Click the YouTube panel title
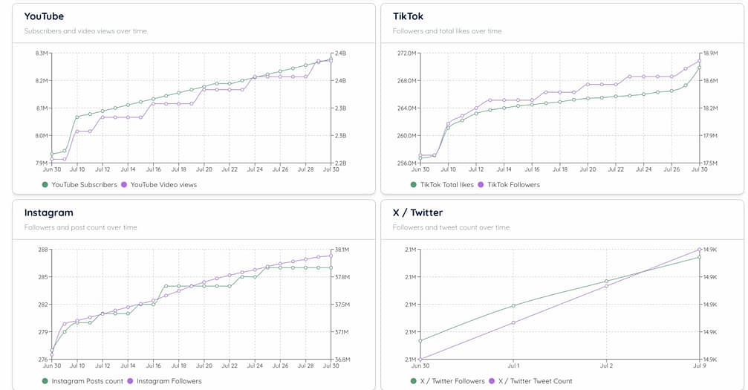(44, 16)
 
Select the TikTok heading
(408, 16)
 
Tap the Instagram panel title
(48, 212)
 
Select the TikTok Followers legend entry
(512, 184)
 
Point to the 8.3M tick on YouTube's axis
(41, 53)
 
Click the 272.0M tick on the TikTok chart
(406, 53)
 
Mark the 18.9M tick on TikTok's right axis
(710, 53)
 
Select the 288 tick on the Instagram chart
(43, 250)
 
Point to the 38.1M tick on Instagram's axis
(342, 250)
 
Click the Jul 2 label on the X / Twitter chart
(606, 365)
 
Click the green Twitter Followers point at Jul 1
(513, 306)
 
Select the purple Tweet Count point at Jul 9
(699, 250)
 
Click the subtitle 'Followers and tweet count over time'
(451, 227)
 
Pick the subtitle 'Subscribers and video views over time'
(85, 31)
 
